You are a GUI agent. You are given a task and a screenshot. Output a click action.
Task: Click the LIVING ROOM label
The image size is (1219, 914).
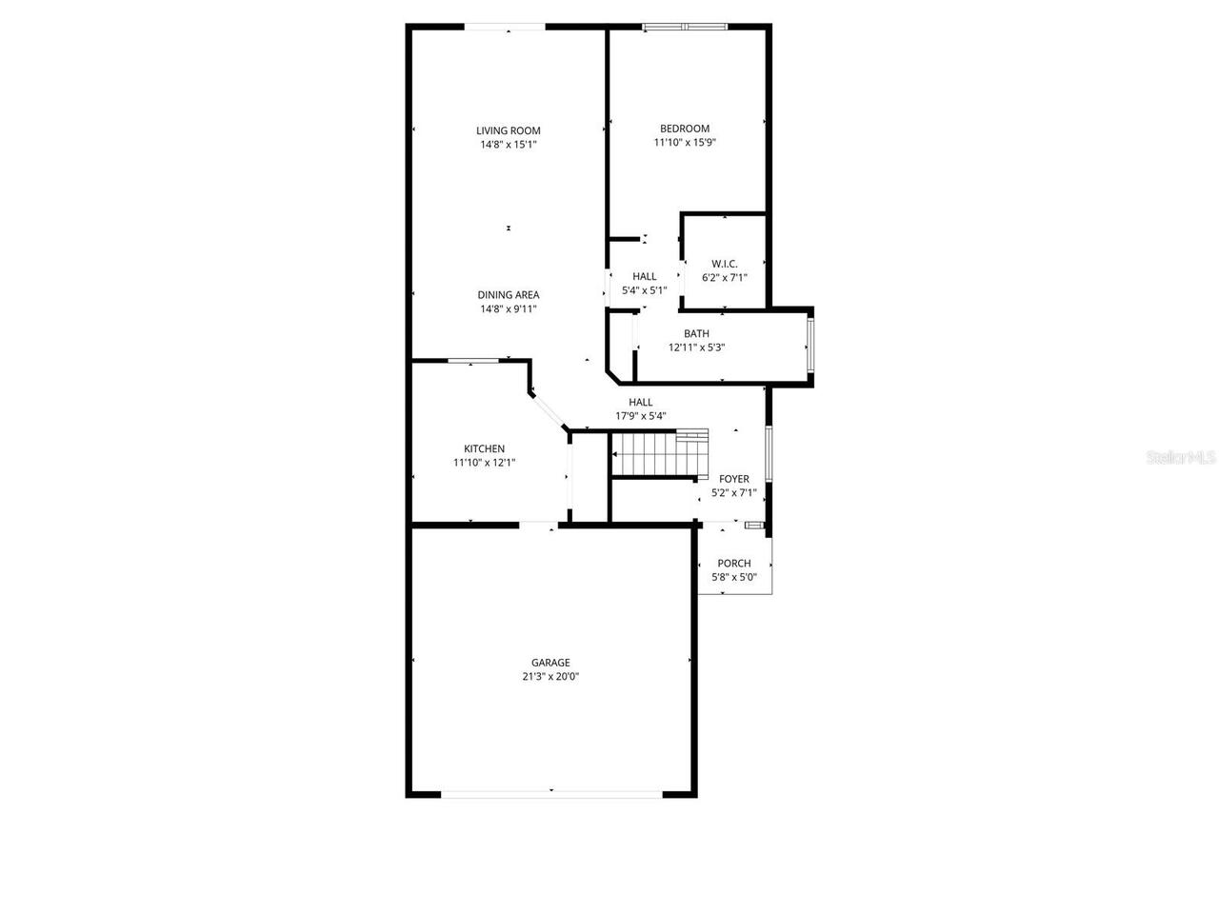509,131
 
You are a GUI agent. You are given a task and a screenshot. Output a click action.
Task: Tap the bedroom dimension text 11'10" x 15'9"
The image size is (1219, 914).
685,143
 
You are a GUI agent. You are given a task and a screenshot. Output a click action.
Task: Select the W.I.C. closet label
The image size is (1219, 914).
725,264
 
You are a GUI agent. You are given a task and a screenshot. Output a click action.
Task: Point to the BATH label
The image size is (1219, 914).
696,333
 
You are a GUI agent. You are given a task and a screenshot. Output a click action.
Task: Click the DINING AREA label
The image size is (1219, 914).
509,295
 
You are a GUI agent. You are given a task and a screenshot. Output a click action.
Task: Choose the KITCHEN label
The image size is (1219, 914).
484,449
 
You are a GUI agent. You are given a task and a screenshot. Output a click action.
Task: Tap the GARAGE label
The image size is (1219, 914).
550,663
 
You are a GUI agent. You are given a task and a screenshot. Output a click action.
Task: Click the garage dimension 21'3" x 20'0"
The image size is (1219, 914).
550,677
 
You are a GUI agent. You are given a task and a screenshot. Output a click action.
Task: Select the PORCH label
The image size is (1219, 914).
734,564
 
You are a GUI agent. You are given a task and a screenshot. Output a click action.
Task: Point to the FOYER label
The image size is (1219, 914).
734,479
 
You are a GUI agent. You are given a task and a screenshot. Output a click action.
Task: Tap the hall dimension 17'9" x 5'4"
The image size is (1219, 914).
641,415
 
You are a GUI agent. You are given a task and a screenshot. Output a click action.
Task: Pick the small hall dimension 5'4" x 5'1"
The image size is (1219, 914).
645,290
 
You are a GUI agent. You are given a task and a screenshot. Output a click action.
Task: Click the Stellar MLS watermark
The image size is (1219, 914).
1182,458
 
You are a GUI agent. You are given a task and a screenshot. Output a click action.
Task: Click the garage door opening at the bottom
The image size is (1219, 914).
551,792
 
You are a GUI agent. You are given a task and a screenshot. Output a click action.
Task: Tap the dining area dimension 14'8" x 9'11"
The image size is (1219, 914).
509,309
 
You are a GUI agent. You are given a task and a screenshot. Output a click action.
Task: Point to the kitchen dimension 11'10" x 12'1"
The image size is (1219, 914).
484,463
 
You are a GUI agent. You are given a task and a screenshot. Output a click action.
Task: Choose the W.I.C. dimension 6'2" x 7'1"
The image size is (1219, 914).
725,278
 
